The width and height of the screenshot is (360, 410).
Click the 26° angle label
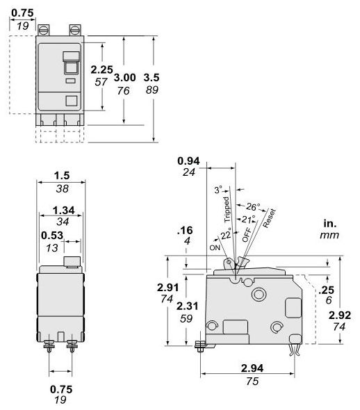252,206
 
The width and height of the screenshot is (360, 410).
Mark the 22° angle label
225,235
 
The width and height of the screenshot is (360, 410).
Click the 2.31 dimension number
186,306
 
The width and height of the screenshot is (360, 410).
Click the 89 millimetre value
152,90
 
